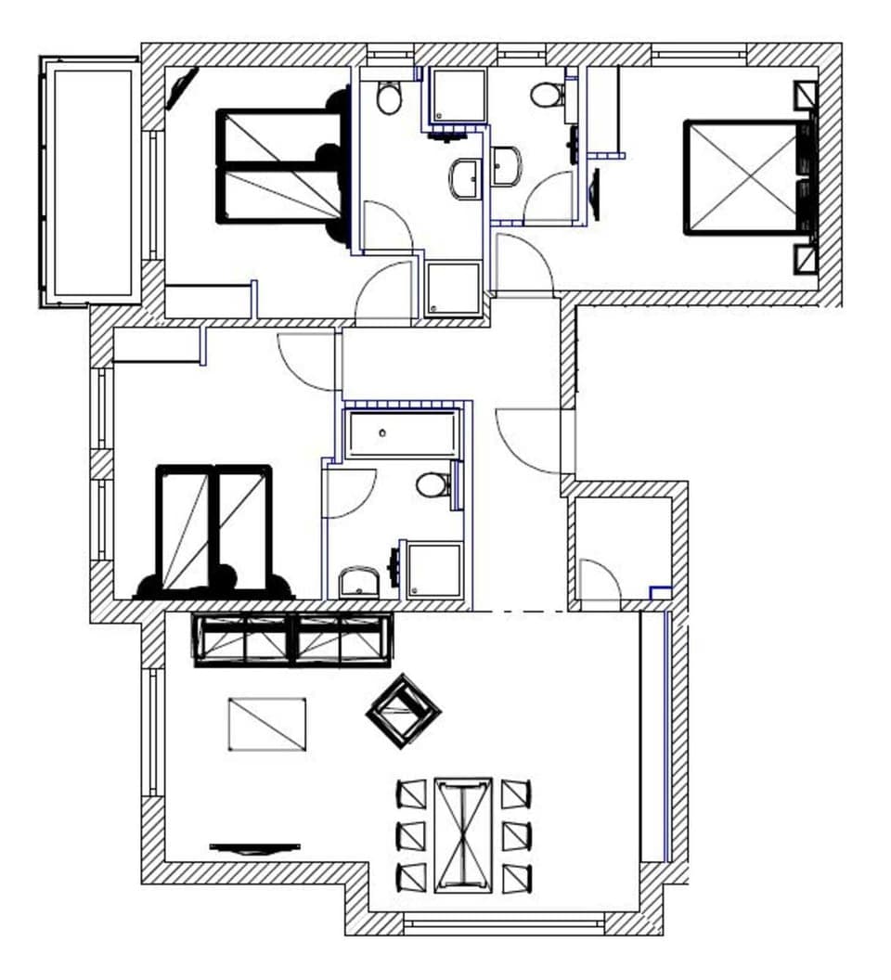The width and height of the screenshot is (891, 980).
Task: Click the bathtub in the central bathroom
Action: [402, 434]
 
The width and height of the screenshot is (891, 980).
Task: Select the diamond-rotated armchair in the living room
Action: [404, 711]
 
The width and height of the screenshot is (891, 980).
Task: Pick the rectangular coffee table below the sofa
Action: [267, 724]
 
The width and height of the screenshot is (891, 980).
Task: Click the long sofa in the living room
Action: [292, 639]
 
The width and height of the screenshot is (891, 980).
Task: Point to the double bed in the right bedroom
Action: [742, 176]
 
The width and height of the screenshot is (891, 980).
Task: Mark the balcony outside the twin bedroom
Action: [90, 181]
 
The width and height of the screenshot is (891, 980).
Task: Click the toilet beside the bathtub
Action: [432, 484]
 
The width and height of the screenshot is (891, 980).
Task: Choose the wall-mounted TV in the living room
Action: [254, 847]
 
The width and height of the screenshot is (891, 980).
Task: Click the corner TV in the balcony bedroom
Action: [181, 89]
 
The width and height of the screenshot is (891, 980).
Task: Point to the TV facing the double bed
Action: [595, 194]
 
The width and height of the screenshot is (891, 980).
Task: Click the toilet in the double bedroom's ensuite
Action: [547, 95]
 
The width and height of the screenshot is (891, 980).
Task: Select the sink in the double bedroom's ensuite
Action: [507, 166]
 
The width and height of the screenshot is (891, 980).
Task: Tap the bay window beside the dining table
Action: [504, 923]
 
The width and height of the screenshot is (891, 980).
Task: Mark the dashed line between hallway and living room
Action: [520, 611]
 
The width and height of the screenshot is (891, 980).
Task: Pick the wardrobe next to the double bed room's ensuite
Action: [604, 110]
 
